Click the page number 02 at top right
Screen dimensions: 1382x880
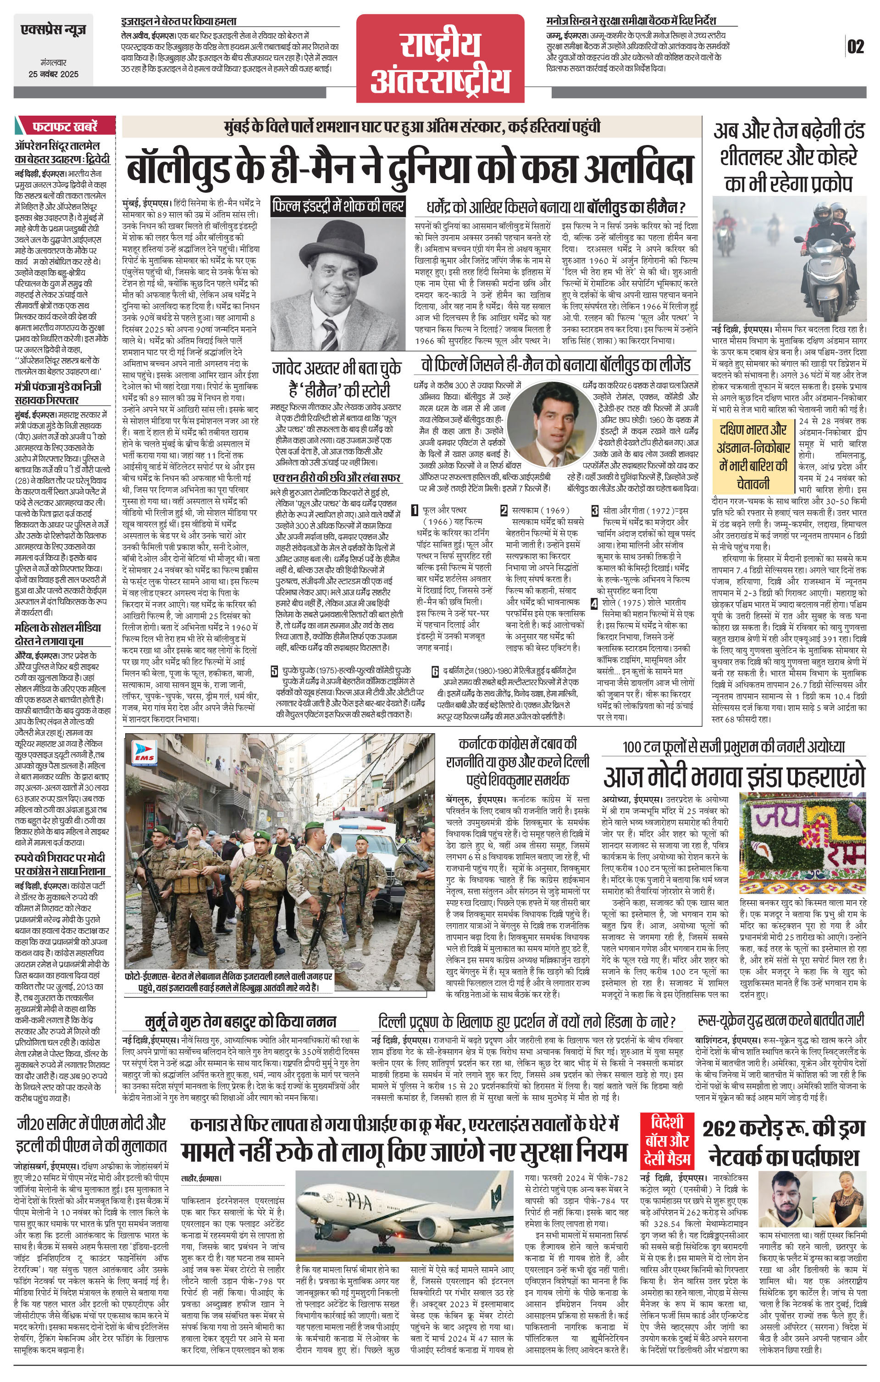tap(855, 46)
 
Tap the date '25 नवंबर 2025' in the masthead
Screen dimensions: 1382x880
tap(53, 74)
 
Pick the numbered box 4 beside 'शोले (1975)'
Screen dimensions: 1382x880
tap(595, 602)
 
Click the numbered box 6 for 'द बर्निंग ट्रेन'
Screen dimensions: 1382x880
tap(435, 671)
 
